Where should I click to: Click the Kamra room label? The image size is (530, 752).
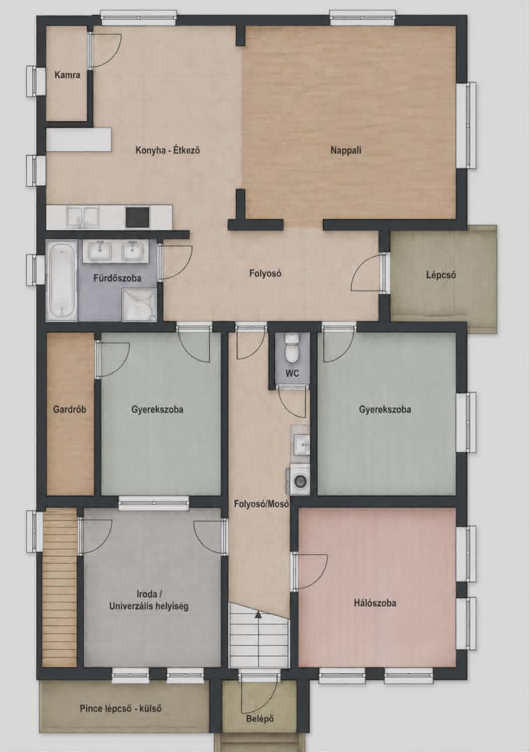click(67, 75)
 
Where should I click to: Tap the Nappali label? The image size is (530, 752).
click(346, 150)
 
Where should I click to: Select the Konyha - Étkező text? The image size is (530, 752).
click(168, 150)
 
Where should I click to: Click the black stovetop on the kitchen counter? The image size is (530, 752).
click(137, 217)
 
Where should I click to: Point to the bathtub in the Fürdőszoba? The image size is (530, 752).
click(61, 281)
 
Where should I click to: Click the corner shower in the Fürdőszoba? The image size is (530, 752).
click(139, 305)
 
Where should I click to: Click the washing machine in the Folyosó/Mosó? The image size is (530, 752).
click(298, 480)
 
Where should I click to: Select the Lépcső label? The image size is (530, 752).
click(441, 275)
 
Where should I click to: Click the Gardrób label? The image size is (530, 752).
click(69, 409)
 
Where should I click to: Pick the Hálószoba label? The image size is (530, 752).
click(374, 603)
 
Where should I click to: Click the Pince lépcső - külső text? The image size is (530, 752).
click(121, 708)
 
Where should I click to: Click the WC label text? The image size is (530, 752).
click(292, 373)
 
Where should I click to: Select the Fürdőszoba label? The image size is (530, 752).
click(117, 278)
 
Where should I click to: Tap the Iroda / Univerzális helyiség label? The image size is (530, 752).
click(148, 600)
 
